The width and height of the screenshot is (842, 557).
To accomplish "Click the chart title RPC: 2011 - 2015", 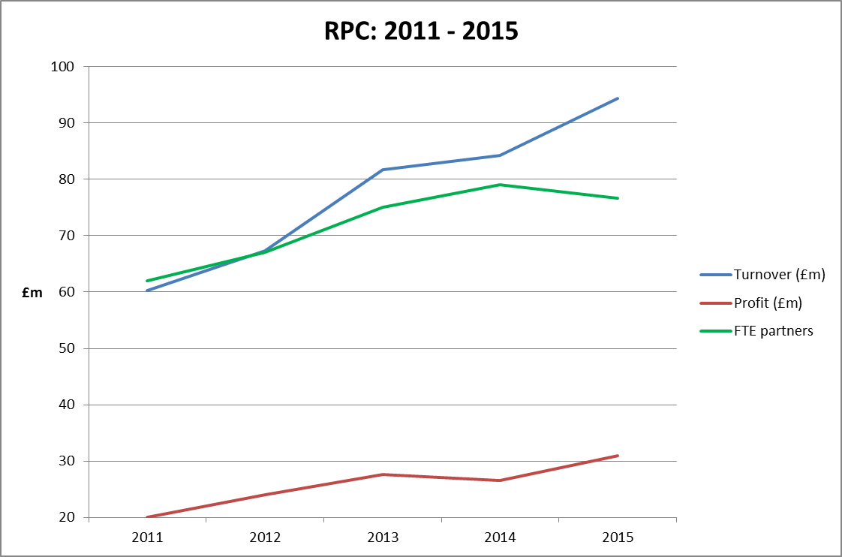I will tap(421, 31).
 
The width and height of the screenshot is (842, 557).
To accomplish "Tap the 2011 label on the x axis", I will tap(147, 537).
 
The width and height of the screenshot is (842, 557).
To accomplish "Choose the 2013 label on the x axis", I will tap(383, 537).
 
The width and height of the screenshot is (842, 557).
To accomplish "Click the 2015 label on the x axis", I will tap(618, 537).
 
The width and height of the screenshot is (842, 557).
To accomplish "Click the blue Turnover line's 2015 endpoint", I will tap(618, 98).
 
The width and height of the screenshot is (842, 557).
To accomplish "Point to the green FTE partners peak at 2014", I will tap(500, 185).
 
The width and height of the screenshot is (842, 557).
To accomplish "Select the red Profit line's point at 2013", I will tap(383, 474).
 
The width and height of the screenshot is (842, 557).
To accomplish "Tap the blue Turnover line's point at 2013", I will tap(383, 170).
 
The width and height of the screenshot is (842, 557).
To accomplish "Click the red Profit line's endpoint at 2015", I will tap(618, 456).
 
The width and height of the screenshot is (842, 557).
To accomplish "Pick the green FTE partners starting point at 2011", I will tap(147, 281).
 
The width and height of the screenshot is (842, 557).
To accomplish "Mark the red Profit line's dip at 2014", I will tap(500, 480).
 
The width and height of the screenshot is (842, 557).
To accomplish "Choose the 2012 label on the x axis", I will tap(265, 537).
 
